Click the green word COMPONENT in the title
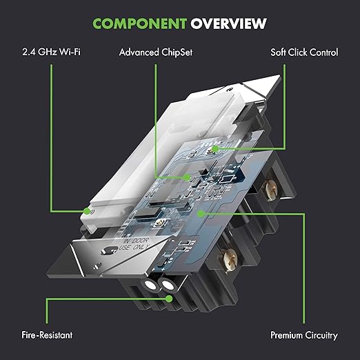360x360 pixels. point(139,23)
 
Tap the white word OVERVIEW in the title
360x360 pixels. point(228,23)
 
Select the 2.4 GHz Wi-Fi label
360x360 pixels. point(51,52)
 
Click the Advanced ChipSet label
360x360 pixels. point(156,52)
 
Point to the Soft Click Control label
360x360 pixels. point(304,52)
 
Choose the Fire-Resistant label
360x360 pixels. point(47,335)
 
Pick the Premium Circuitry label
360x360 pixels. point(304,335)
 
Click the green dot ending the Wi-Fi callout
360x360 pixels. point(87,211)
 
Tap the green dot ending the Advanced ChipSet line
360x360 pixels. point(188,177)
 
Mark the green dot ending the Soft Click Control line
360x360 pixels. point(215,149)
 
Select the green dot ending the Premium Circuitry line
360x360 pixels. point(201,214)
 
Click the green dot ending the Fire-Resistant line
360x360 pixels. point(169,299)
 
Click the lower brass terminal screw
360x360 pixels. point(230,261)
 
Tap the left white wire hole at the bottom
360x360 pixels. point(150,285)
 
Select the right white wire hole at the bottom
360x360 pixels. point(168,286)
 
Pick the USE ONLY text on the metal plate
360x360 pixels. point(134,248)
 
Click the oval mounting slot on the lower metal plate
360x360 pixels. point(110,251)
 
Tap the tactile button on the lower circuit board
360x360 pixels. point(159,223)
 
